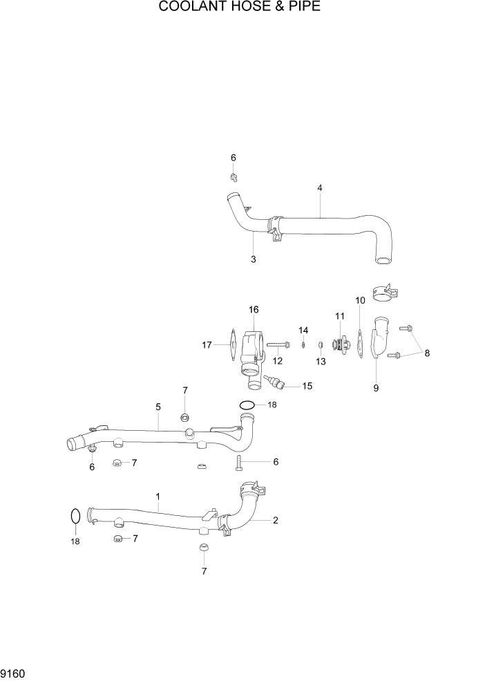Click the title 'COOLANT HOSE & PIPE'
[240, 8]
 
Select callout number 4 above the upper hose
[320, 188]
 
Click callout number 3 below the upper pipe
[254, 259]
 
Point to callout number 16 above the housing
[254, 309]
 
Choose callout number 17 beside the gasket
[207, 344]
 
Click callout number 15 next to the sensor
[307, 386]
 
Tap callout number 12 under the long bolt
[278, 360]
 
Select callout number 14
[303, 330]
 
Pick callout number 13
[321, 361]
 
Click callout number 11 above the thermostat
[340, 316]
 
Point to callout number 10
[360, 300]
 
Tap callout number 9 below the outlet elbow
[376, 388]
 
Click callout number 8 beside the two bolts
[427, 353]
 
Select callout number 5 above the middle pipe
[158, 407]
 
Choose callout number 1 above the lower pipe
[158, 497]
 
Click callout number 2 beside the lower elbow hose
[275, 521]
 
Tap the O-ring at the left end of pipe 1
[75, 517]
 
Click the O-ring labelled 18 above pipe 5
[247, 405]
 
